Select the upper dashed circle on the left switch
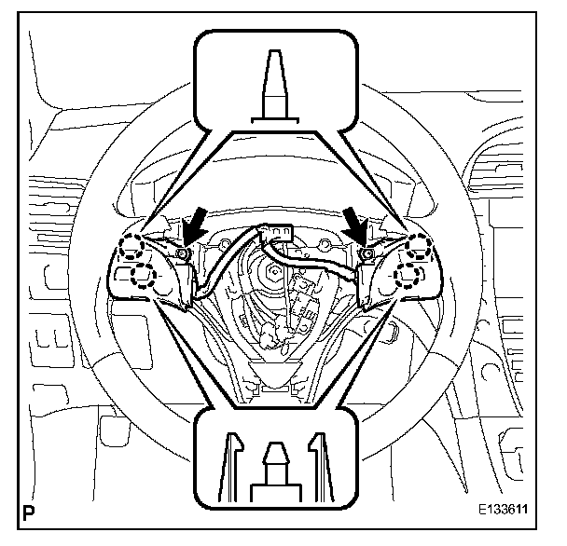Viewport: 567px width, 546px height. point(133,247)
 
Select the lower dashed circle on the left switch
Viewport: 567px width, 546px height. point(143,274)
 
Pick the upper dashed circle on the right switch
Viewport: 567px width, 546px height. point(416,245)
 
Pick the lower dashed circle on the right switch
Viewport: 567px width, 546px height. point(408,273)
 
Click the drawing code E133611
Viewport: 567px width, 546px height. point(511,511)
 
